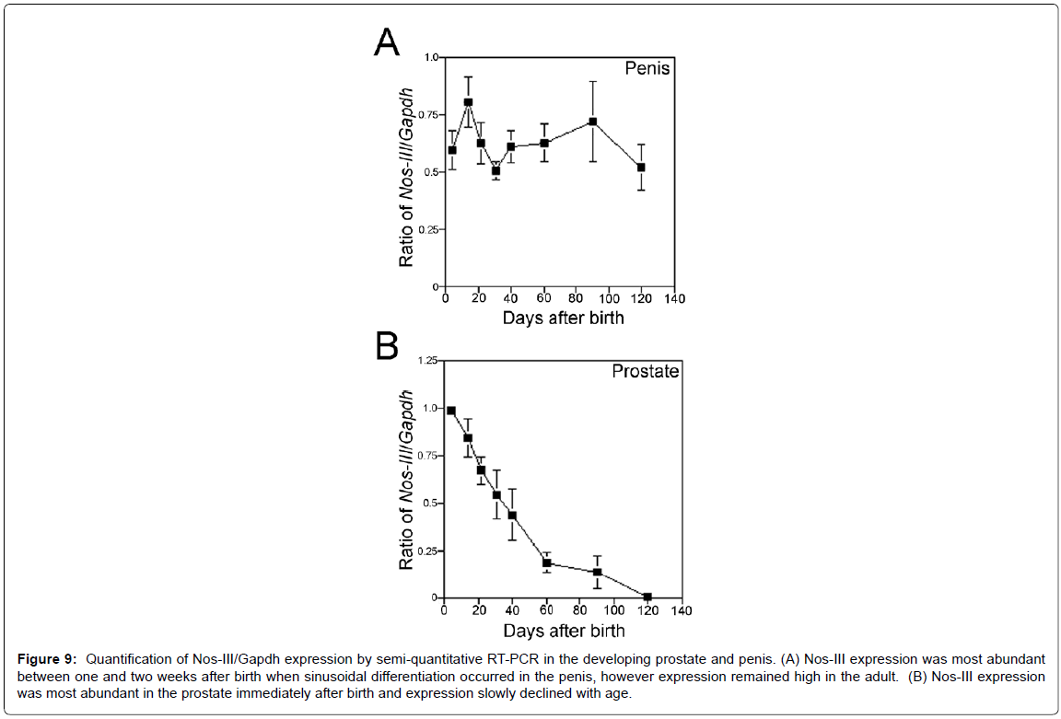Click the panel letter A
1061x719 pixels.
(388, 42)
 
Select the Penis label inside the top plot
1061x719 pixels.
(647, 69)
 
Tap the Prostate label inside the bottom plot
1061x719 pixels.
(646, 372)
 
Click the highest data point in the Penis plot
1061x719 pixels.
(469, 102)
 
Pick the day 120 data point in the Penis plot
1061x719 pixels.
(641, 168)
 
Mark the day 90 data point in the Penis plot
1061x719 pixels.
(593, 122)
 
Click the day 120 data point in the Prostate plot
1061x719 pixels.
(647, 597)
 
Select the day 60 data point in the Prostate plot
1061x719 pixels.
(546, 562)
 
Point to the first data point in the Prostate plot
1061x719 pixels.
(450, 411)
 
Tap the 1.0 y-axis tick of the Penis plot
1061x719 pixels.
(430, 57)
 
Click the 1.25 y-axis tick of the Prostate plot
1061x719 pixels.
(426, 361)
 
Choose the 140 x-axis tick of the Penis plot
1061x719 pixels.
(674, 298)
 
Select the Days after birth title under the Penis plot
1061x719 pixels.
(563, 319)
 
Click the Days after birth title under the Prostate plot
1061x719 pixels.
(563, 631)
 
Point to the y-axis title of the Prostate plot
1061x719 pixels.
(406, 481)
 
